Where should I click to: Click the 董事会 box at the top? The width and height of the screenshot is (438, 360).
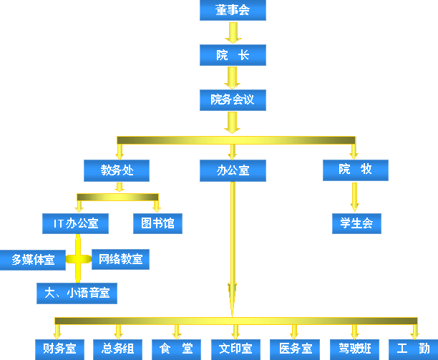point(232,11)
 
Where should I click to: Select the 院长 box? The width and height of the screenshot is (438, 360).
point(232,55)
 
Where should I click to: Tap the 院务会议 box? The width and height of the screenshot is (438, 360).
point(232,99)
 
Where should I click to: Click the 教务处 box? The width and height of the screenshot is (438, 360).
point(117,170)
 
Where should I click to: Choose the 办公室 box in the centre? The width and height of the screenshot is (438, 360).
point(232,170)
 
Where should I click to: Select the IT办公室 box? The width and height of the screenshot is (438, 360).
point(76,223)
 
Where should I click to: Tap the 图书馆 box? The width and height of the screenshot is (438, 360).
point(157,223)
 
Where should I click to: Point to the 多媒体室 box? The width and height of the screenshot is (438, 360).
point(33,259)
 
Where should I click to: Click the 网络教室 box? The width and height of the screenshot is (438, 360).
point(120,259)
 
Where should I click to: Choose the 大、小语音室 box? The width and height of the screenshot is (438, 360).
point(77,293)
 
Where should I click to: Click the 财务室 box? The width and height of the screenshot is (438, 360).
point(59,349)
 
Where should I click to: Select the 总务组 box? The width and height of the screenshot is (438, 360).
point(118,349)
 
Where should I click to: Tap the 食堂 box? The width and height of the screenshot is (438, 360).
point(177,349)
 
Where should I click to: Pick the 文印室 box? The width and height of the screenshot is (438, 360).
point(235,349)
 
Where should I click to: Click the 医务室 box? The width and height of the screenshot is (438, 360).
point(295,349)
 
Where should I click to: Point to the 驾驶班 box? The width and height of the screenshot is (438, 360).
point(354,349)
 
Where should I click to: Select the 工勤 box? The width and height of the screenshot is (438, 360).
point(413,349)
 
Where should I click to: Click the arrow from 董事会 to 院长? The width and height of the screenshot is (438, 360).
point(232,33)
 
